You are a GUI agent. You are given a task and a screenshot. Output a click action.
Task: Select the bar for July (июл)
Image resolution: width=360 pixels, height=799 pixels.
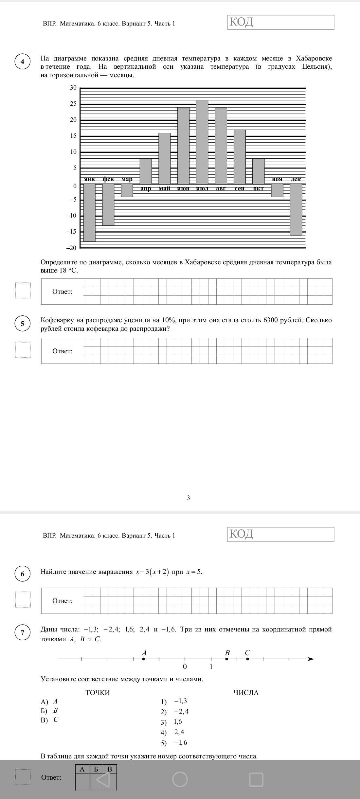(x=202, y=142)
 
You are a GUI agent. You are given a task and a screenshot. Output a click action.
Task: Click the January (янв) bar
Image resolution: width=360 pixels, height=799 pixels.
(x=89, y=213)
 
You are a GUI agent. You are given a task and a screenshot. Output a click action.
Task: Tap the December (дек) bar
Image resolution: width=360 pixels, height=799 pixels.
(x=296, y=209)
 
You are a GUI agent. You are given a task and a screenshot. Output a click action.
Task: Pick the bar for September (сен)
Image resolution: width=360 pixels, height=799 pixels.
(x=240, y=157)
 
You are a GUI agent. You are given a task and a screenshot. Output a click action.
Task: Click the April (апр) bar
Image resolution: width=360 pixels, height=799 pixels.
(x=146, y=171)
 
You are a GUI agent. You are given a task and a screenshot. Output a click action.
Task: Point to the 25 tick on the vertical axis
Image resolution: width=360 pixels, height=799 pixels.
(x=73, y=104)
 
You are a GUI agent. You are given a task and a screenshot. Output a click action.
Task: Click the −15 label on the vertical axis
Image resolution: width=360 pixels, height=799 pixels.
(x=71, y=232)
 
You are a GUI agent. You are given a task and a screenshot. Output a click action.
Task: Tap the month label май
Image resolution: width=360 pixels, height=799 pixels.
(x=164, y=189)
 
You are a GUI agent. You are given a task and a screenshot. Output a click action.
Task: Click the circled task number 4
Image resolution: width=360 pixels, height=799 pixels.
(x=23, y=62)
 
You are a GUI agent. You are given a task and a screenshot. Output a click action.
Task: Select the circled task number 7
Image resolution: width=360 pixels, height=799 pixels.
(x=23, y=632)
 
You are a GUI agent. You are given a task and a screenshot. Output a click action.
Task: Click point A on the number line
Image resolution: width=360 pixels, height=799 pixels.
(x=144, y=659)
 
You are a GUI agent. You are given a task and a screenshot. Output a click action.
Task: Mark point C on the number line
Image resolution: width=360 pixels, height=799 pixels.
(x=247, y=659)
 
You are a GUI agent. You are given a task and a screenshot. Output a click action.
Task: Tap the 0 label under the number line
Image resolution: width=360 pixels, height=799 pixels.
(x=185, y=666)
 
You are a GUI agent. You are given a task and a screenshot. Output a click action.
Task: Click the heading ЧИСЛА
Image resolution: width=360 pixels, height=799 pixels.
(x=246, y=693)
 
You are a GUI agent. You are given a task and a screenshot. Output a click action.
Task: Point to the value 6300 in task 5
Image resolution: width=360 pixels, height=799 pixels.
(x=271, y=320)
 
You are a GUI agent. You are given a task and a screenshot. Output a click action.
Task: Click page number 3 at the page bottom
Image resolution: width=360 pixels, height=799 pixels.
(x=188, y=498)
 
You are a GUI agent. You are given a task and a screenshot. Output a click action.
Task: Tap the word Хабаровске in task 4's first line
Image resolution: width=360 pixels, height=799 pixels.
(x=314, y=59)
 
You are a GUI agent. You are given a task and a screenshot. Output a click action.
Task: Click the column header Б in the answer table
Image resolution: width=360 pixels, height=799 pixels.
(x=96, y=769)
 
